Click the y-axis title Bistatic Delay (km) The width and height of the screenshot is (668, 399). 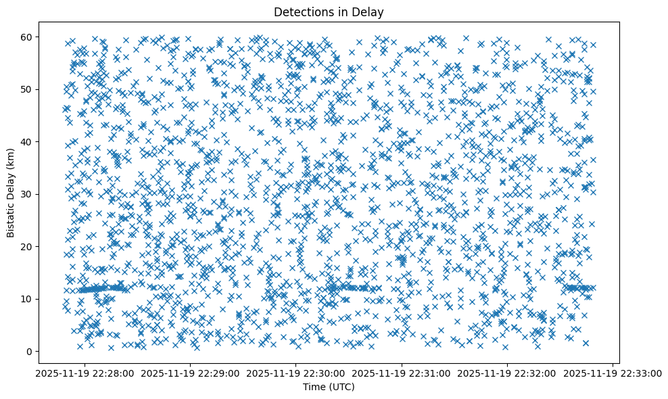(x=11, y=193)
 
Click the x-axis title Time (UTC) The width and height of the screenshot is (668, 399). (x=328, y=388)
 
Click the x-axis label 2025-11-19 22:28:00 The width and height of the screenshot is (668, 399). (x=84, y=373)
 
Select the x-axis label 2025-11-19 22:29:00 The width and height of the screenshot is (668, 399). (x=190, y=373)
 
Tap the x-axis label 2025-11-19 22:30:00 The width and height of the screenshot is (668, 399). (x=295, y=373)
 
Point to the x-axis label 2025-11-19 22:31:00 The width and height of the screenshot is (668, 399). (x=402, y=373)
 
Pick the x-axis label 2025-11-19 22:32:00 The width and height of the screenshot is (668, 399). (x=507, y=373)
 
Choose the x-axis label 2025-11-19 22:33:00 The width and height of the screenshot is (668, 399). (x=613, y=373)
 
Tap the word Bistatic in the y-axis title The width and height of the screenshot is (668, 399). (x=11, y=218)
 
